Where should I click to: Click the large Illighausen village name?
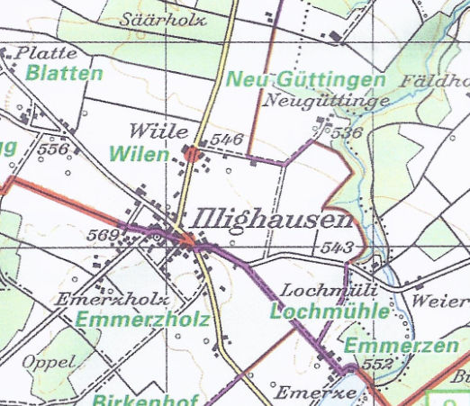tap(271, 221)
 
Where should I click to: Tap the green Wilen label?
tap(139, 155)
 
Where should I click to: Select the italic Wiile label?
tap(151, 130)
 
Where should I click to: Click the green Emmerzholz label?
tap(142, 320)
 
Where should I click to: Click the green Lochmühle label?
tap(330, 311)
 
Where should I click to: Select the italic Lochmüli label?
tap(321, 292)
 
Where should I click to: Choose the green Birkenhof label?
tap(138, 397)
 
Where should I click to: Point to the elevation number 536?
tap(346, 132)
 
